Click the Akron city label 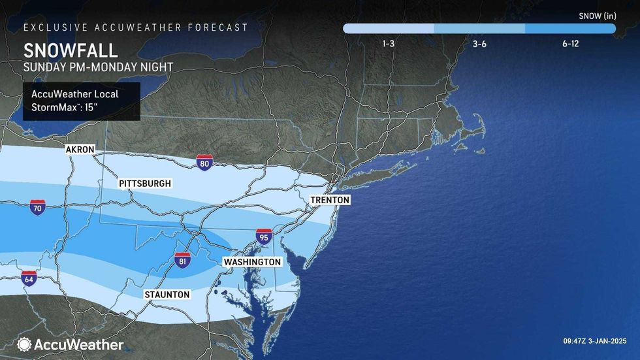pos(80,150)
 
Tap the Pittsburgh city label pos(145,184)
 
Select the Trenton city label pos(330,200)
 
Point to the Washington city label pos(252,262)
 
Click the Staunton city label pos(167,295)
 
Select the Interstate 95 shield pos(264,237)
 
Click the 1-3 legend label pos(388,44)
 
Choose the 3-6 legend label pos(479,44)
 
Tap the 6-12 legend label pos(569,44)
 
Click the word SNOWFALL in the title pos(70,51)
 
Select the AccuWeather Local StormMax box pos(82,101)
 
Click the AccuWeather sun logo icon pos(24,344)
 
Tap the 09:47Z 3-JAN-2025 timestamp pos(595,340)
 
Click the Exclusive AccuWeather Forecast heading pos(136,27)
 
